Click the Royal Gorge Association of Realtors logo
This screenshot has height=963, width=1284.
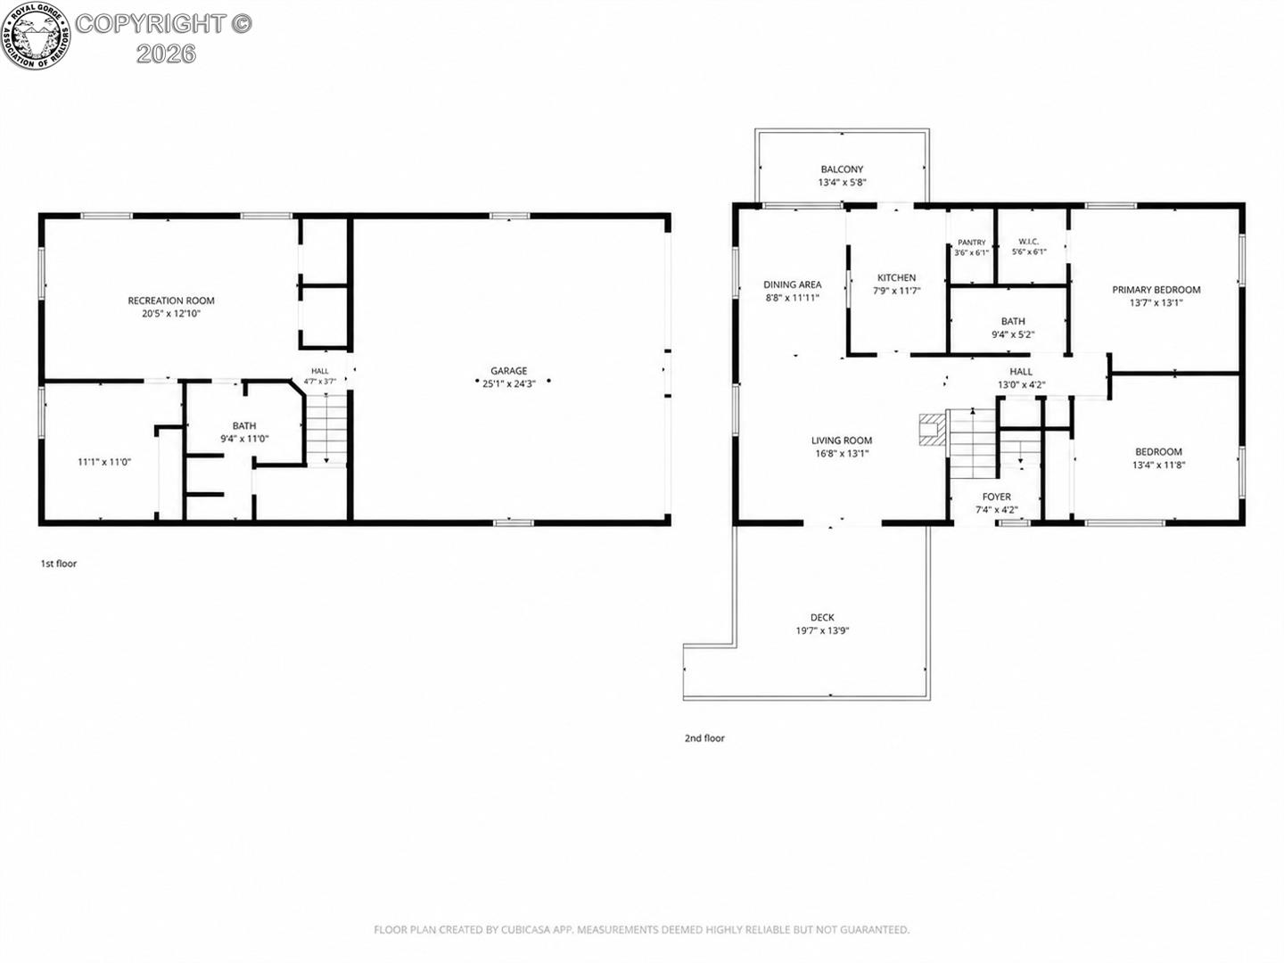[36, 35]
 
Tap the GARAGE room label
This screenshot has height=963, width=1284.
[508, 371]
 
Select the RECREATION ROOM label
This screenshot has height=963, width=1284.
[171, 300]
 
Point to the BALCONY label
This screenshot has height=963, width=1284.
[842, 169]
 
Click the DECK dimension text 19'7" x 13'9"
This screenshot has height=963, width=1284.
[822, 630]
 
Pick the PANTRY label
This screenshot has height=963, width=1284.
[972, 242]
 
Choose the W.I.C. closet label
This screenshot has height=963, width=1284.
[1029, 242]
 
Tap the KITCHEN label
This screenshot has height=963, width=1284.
[897, 277]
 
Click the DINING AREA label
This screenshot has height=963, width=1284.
[792, 284]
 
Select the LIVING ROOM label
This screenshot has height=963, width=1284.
[842, 440]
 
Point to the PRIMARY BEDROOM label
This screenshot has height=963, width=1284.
[1156, 290]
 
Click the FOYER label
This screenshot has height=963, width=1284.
[997, 497]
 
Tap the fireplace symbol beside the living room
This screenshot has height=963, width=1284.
[932, 431]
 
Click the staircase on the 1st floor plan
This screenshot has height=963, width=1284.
[327, 430]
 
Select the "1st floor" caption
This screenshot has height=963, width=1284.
[59, 564]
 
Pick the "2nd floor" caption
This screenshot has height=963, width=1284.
[705, 738]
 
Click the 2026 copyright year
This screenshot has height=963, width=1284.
[166, 53]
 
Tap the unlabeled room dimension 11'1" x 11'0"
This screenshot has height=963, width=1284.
[104, 462]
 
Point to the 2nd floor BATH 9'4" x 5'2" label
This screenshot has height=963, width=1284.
[1013, 328]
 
